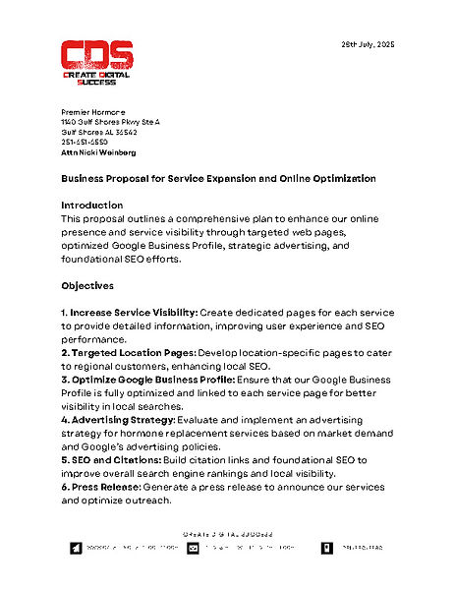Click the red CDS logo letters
pyautogui.click(x=95, y=55)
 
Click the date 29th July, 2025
pyautogui.click(x=367, y=45)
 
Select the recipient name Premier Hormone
pyautogui.click(x=93, y=113)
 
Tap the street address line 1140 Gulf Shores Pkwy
pyautogui.click(x=110, y=123)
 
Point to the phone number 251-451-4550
pyautogui.click(x=85, y=143)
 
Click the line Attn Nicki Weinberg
pyautogui.click(x=98, y=152)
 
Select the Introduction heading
pyautogui.click(x=92, y=205)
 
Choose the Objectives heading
pyautogui.click(x=87, y=285)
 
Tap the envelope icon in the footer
pyautogui.click(x=194, y=548)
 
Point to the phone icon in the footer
pyautogui.click(x=327, y=548)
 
